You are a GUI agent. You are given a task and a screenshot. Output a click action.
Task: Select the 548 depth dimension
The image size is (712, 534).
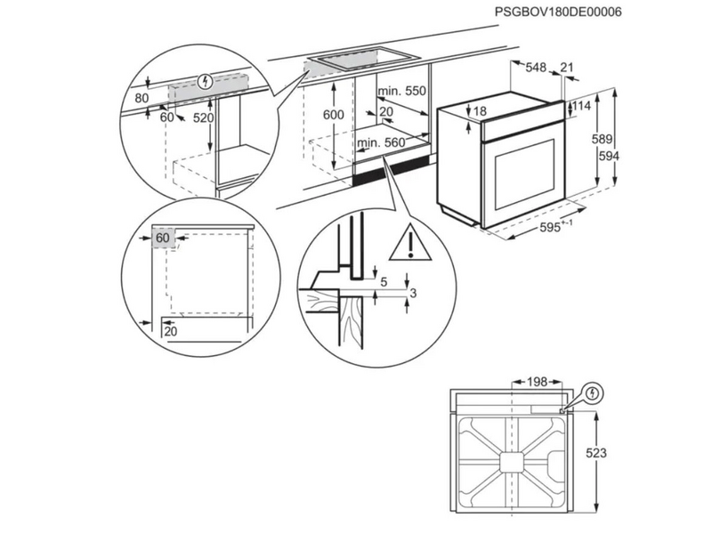[536, 68]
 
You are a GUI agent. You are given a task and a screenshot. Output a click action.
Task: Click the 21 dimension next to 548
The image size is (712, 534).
[569, 68]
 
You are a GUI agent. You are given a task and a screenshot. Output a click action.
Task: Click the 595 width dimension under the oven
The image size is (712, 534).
[554, 229]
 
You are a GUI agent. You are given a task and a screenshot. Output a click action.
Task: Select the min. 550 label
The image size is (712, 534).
[401, 92]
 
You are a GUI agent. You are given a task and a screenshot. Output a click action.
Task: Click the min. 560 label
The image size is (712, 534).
[381, 142]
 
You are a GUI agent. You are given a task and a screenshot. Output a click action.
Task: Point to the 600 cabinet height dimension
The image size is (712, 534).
[332, 115]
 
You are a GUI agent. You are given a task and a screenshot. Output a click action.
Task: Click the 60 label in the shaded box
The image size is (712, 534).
[163, 239]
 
